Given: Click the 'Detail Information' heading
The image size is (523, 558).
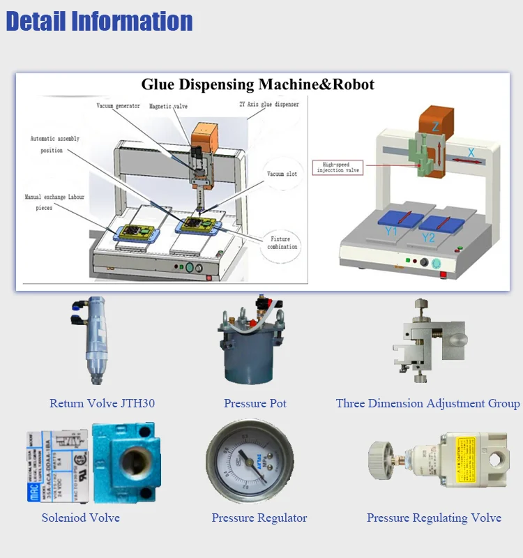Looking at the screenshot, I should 99,21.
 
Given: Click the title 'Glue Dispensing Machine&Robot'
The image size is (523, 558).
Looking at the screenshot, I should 257,84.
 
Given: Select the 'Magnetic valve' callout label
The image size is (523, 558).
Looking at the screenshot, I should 168,106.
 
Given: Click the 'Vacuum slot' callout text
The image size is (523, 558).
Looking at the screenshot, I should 282,174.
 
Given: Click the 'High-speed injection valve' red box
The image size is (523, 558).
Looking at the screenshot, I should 339,167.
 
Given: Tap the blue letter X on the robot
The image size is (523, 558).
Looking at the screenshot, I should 471,151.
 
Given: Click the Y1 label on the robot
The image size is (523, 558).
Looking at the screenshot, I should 391,230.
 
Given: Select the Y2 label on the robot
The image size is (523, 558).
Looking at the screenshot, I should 428,238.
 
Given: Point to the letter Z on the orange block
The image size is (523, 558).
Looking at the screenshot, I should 435,126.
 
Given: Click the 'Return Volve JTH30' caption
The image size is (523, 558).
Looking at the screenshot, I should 102,403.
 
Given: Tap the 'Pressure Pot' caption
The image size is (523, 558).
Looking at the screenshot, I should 255,403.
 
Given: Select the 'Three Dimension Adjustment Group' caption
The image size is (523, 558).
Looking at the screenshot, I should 427,403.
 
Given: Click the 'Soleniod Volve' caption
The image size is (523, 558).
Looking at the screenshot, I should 80,518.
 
